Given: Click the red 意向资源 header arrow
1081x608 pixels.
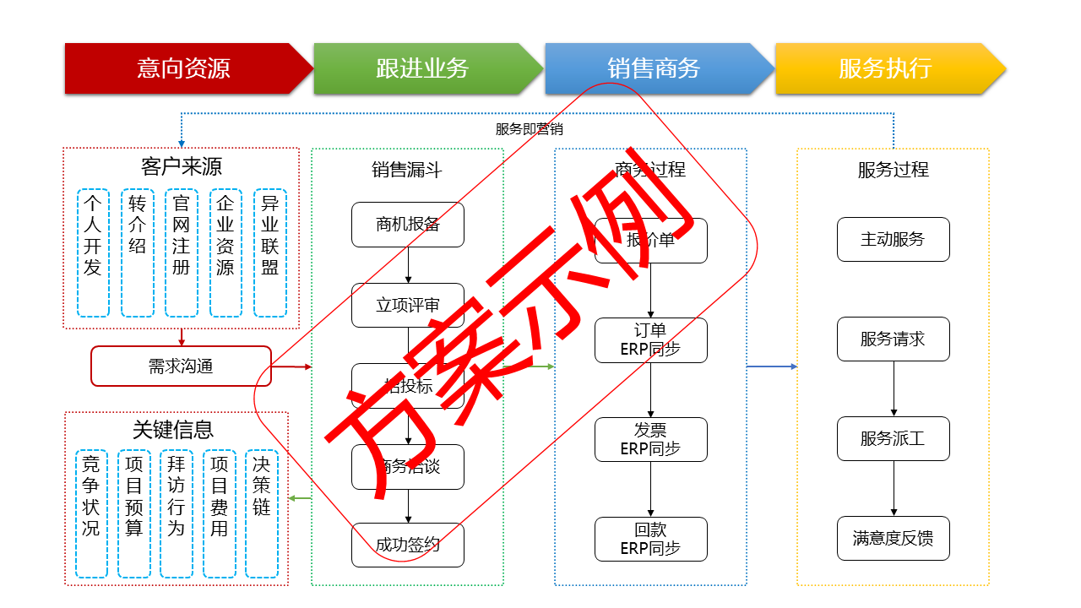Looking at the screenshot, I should coord(183,68).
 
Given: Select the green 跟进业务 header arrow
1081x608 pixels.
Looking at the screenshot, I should coord(422,68).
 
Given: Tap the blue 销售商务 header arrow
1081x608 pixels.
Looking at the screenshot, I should coord(654,68).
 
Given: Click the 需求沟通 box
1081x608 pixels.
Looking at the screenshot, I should coord(181,366).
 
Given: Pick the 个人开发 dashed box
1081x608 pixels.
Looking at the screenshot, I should coord(93,252).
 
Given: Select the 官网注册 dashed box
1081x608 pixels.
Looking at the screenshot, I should coord(181,252).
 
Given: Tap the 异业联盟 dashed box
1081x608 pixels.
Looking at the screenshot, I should coord(270,252).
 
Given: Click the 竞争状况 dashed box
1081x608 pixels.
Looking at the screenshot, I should coord(91,513).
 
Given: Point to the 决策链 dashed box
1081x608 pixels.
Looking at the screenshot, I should coord(262,513).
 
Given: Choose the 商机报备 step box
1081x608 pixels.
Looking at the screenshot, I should coord(408,225).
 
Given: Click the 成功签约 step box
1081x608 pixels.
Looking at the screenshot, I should coord(408,545).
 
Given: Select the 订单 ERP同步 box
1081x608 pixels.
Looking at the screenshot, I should coord(650,340).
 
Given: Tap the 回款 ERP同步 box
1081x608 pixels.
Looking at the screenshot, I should coord(650,540).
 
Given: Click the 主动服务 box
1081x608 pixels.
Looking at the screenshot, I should coord(893,240).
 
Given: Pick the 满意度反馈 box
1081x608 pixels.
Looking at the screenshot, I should coord(893,539).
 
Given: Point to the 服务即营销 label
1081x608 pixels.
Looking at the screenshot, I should coord(529,129).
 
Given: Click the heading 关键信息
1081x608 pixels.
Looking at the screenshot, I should coord(173,430).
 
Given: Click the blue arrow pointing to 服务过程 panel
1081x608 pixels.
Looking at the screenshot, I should coord(772,366).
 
